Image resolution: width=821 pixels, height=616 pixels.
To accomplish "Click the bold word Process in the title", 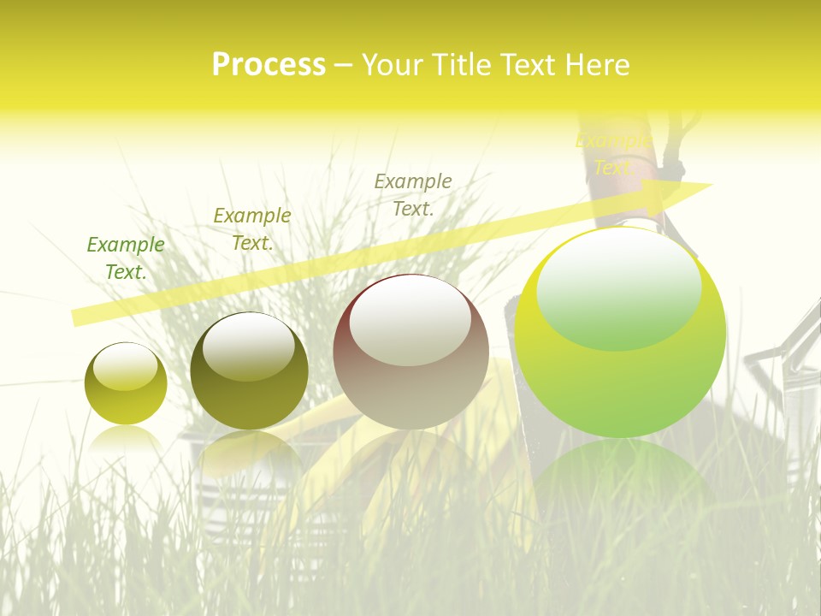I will pos(269,65).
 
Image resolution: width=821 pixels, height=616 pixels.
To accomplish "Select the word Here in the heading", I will pos(598,65).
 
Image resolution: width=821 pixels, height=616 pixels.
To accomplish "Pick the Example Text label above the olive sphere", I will pos(252,228).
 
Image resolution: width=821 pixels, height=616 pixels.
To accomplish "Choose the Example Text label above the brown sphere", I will pos(413,194).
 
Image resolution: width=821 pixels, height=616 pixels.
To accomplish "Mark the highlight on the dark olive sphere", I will pos(249,346).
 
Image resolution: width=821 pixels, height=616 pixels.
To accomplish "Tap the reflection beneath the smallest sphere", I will pos(126,438).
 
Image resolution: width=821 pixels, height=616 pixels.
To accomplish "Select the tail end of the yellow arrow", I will pos(77,317).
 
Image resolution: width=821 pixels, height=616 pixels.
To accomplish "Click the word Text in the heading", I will pos(528,65).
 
